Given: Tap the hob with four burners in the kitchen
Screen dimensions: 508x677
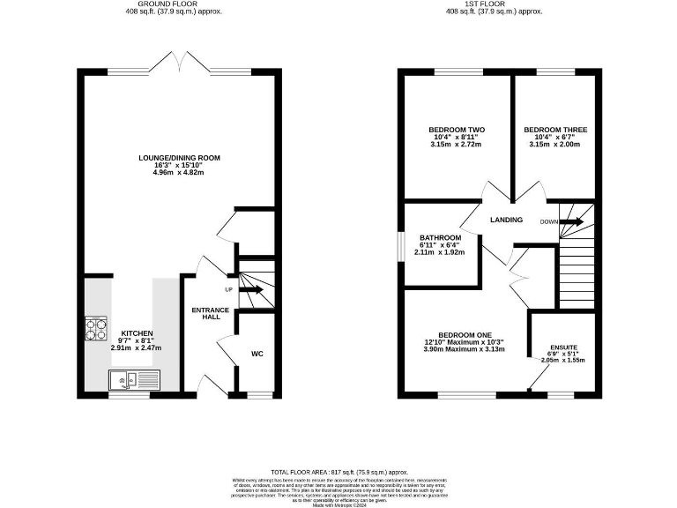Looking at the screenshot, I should pos(95,328).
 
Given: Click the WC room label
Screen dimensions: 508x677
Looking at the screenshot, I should pos(257,354).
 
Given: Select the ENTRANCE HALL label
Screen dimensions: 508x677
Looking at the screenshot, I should pos(210,313).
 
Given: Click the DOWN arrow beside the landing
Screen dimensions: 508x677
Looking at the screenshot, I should pos(572,222).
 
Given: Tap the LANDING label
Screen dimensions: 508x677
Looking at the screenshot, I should pos(506,220).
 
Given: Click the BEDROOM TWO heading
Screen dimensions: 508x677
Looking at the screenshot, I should pos(457,130).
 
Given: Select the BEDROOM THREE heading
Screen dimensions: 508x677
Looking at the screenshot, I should pos(555,130).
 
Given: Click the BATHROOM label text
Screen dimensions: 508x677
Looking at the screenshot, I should pos(440,238).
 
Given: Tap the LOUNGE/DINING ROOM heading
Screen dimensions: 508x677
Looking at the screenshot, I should pos(179,158).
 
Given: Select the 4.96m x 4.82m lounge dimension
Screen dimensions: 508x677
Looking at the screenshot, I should pos(179,173).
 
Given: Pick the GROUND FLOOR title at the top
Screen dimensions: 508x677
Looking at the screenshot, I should pos(179,4).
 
